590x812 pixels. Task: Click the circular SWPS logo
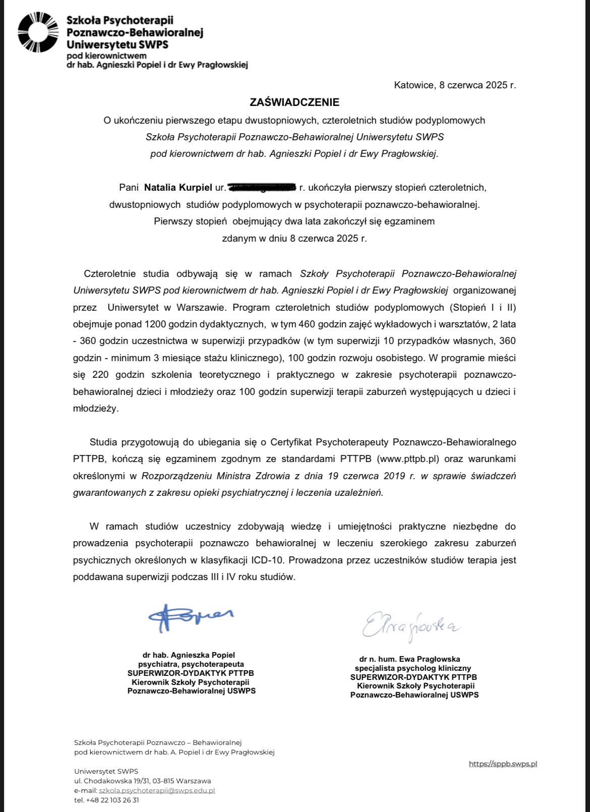coord(38,33)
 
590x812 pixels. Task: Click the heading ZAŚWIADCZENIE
coord(294,102)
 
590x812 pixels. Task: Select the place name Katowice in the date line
coord(414,85)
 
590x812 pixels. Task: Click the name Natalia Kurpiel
coord(178,188)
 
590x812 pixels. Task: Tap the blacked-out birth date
coord(262,188)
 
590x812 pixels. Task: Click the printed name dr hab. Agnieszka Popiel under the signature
coord(189,655)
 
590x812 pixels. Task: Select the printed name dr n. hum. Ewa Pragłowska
coord(409,659)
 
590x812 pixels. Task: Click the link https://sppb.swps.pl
coord(503,764)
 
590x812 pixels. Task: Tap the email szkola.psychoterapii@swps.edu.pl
coord(157,790)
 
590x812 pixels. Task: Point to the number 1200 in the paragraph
coord(154,324)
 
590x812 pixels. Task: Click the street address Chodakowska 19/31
coord(121,781)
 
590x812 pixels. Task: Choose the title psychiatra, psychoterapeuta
coord(191,664)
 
